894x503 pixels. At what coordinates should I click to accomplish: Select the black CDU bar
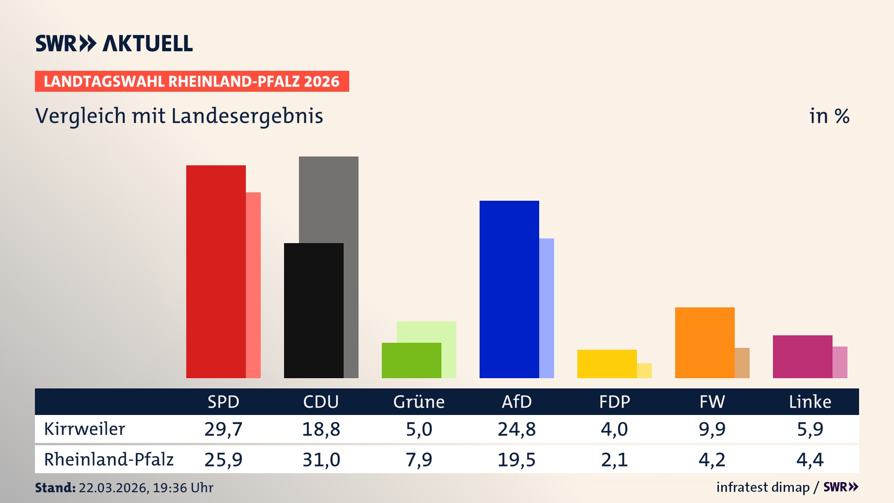point(313,311)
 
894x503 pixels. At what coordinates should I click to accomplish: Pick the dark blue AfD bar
point(509,289)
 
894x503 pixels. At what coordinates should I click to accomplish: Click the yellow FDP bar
point(607,364)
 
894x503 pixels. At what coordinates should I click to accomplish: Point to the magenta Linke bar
point(802,356)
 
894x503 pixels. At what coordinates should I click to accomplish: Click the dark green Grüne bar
point(411,360)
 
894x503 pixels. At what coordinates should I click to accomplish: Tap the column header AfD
point(516,402)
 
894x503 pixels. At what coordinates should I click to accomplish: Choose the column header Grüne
point(419,402)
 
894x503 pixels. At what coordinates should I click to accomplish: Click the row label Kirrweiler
point(84,429)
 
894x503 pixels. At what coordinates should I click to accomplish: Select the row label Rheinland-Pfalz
point(108,460)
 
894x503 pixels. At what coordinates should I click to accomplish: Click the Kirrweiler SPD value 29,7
point(223,429)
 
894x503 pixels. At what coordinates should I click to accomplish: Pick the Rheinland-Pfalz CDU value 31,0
point(321,460)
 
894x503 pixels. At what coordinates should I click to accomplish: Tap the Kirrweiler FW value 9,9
point(712,429)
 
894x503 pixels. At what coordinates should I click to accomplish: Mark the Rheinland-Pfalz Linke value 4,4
point(810,460)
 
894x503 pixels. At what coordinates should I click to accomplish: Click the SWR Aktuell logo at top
point(114,43)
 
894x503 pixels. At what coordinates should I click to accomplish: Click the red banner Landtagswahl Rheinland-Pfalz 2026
point(192,82)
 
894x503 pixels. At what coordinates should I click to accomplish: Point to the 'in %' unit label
point(829,116)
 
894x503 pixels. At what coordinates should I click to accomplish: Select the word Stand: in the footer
point(55,488)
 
